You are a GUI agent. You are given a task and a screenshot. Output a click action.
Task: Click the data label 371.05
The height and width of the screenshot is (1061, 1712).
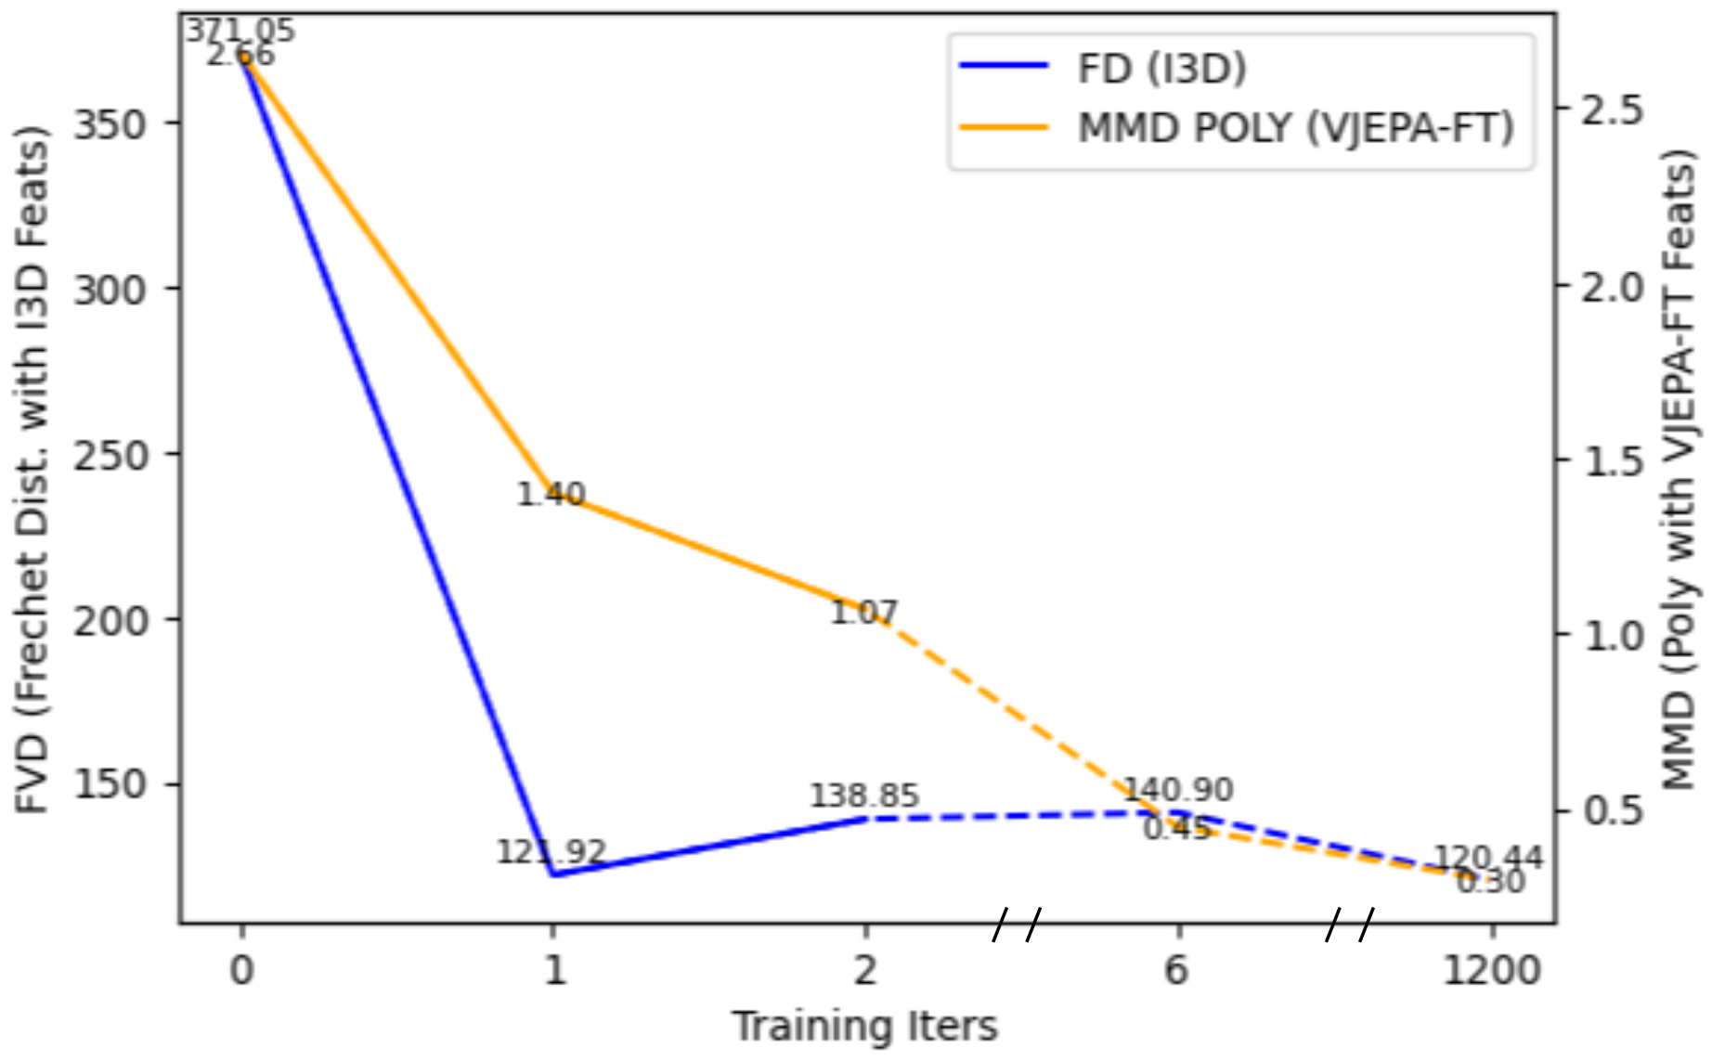point(240,31)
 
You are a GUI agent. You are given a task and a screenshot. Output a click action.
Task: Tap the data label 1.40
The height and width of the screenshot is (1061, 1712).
point(551,495)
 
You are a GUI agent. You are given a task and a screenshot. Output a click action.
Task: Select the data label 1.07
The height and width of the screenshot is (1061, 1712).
point(863,613)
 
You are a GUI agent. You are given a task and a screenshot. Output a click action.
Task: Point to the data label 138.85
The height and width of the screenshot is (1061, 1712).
point(864,796)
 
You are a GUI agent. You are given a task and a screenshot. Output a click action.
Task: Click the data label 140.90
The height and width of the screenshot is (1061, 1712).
point(1178,790)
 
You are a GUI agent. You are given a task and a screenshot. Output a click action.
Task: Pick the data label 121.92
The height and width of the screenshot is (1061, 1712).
point(551,851)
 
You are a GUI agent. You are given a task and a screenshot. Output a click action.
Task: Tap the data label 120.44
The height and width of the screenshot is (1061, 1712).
point(1489,858)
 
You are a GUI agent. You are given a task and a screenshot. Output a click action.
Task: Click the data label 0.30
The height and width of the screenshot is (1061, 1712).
point(1490,881)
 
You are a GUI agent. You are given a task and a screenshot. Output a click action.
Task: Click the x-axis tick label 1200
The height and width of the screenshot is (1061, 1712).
point(1491,971)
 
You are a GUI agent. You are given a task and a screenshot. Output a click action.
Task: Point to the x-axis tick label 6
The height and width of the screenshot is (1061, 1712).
point(1176,971)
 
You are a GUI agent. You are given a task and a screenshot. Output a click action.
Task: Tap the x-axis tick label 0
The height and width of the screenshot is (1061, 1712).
point(241,971)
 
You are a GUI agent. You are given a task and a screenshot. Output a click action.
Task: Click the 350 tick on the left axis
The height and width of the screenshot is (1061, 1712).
point(110,123)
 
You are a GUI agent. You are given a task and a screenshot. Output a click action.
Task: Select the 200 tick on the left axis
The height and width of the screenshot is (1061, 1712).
point(110,620)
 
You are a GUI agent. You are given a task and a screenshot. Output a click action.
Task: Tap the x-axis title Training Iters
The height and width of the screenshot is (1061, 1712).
point(864,1027)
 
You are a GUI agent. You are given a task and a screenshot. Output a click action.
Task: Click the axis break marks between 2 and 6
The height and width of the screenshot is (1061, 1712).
point(1018,924)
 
